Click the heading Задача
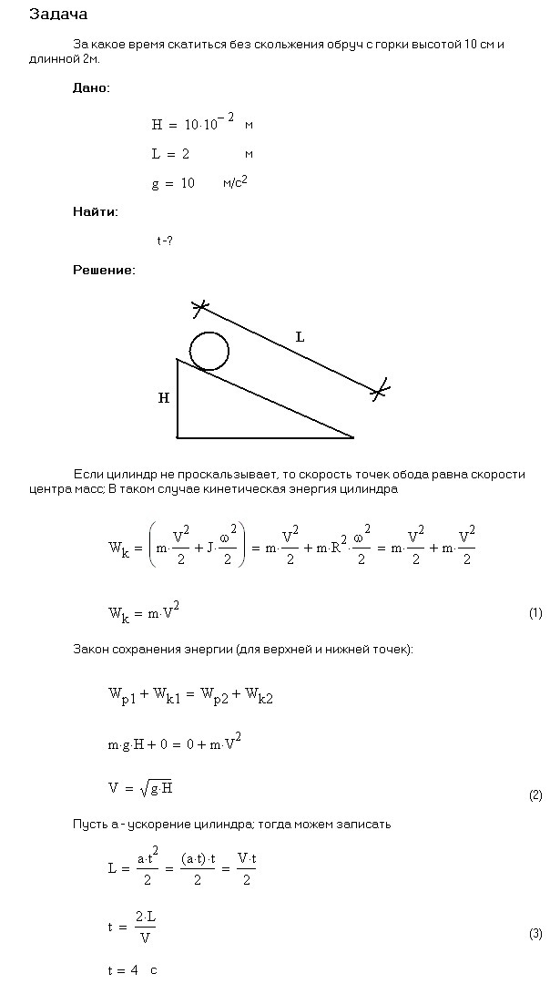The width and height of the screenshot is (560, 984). click(x=59, y=15)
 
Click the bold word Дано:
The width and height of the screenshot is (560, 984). click(x=91, y=88)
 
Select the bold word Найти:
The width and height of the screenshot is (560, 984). click(x=95, y=211)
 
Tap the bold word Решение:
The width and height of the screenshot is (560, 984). click(x=104, y=270)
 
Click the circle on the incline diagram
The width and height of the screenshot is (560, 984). click(x=209, y=351)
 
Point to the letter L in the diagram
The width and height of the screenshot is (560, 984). click(x=300, y=337)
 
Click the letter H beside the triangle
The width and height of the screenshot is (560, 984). click(x=164, y=398)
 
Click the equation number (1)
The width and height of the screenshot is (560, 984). click(x=535, y=613)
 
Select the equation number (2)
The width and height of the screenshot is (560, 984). click(x=535, y=795)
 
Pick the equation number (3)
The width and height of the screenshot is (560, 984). click(x=535, y=934)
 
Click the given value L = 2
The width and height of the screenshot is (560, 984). click(x=170, y=154)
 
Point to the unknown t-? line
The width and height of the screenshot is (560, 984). click(x=165, y=241)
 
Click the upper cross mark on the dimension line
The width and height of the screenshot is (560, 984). click(x=200, y=308)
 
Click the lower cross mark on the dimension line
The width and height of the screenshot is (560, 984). click(x=381, y=390)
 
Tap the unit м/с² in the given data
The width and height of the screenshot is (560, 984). click(x=235, y=183)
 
